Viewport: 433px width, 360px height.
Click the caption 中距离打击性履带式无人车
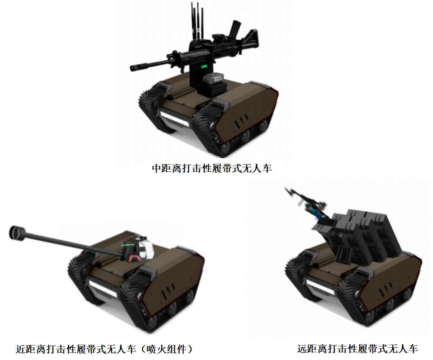pos(212,168)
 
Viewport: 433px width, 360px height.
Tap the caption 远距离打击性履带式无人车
pos(357,348)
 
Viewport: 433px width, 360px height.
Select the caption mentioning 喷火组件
pos(104,349)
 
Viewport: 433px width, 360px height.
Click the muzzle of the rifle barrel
pos(133,68)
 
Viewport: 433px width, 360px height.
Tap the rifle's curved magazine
pos(236,29)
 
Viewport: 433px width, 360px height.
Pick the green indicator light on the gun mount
pos(204,66)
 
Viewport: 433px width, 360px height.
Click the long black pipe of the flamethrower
pos(72,243)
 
